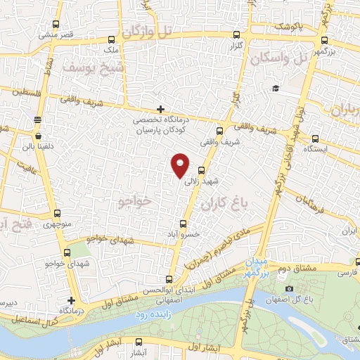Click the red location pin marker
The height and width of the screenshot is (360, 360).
[x=181, y=165]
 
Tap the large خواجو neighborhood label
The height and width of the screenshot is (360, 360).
[x=135, y=202]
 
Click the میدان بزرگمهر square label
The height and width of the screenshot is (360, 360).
[x=255, y=265]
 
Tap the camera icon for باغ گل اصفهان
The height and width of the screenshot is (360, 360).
[x=289, y=290]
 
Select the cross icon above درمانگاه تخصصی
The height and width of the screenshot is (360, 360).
[x=161, y=109]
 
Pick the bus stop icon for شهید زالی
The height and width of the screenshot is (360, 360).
[x=202, y=170]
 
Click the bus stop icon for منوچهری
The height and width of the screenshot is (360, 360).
[x=58, y=214]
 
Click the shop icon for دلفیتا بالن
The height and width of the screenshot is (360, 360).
[x=37, y=136]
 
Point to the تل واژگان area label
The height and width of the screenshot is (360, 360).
[x=147, y=31]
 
